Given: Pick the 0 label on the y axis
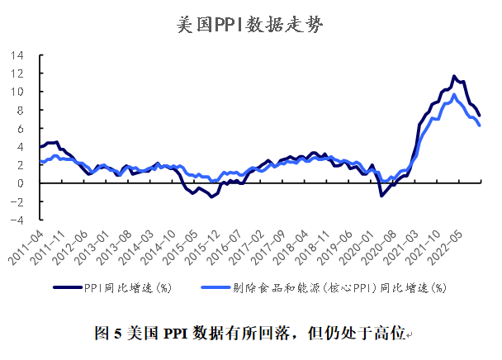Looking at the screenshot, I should point(20,183).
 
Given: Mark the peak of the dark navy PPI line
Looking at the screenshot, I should point(453,76).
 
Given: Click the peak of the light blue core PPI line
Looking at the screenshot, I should point(453,95).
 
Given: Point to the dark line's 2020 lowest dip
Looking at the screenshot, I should point(381,195).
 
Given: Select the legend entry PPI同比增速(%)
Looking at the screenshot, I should point(126,287).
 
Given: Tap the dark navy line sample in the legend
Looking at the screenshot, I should point(67,287).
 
